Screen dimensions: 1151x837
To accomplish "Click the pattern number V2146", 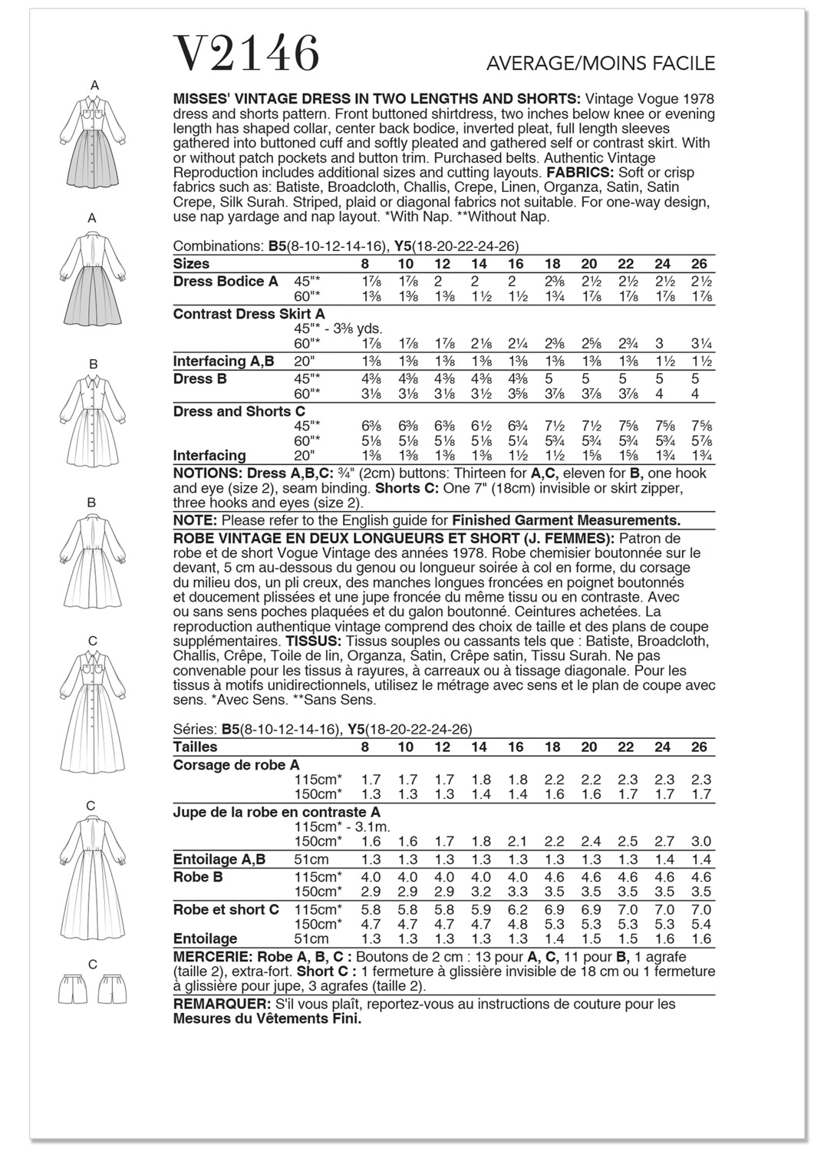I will (248, 54).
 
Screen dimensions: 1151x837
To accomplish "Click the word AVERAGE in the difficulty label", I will (529, 64).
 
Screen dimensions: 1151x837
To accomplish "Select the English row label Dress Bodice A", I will (226, 282).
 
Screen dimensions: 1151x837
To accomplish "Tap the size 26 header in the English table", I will (699, 264).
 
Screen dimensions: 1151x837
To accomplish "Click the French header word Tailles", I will (195, 747).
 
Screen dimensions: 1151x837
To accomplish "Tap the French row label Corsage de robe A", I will (236, 765).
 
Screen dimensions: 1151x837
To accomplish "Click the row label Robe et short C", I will (226, 910).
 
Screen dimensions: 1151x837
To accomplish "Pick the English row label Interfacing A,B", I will (223, 361).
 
